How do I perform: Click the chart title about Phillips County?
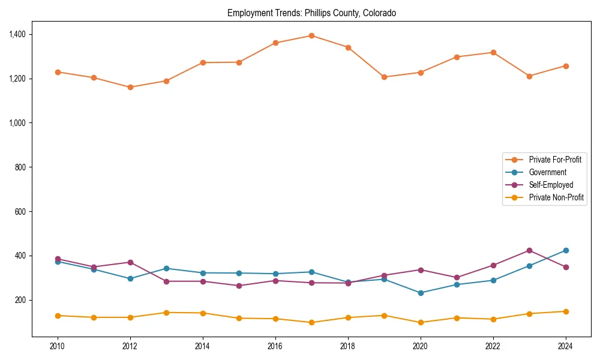(311, 13)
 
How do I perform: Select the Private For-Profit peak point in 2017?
(311, 35)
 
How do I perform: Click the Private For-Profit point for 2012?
(130, 87)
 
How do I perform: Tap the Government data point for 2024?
(566, 250)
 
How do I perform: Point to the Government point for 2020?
(421, 293)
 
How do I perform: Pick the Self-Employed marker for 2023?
(529, 250)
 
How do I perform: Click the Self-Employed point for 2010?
(58, 259)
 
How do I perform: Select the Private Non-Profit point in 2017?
(311, 322)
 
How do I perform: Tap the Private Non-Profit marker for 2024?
(566, 311)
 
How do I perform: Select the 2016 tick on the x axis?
(275, 346)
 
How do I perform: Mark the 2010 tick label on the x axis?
(58, 346)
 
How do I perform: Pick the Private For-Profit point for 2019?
(384, 77)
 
